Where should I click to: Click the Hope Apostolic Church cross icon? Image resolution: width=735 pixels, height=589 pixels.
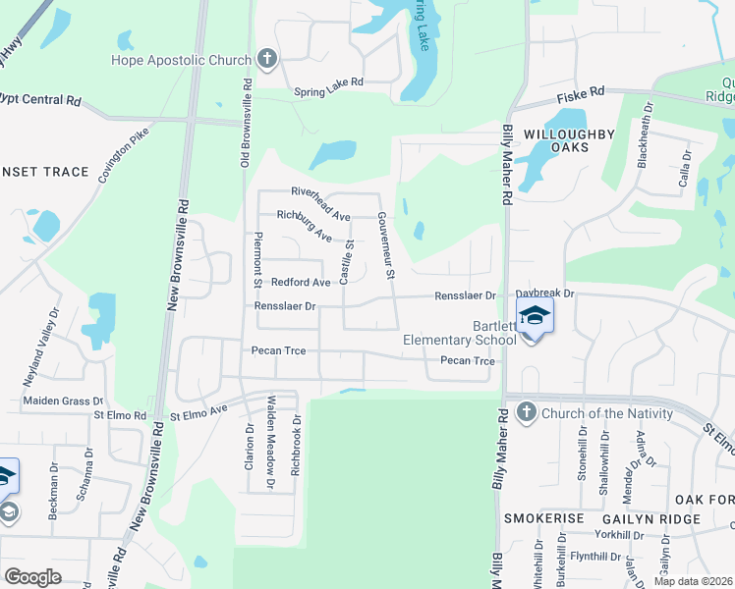pyautogui.click(x=265, y=59)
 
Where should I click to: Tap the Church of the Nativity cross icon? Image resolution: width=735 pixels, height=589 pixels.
pyautogui.click(x=526, y=411)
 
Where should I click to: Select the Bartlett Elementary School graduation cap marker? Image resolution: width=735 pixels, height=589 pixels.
pyautogui.click(x=536, y=316)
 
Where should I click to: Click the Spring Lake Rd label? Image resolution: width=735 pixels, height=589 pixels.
pyautogui.click(x=329, y=93)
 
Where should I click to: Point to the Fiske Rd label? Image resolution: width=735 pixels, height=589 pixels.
pyautogui.click(x=580, y=97)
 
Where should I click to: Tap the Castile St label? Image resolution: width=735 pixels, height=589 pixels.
pyautogui.click(x=346, y=260)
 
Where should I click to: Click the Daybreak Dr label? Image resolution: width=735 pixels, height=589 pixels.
pyautogui.click(x=544, y=294)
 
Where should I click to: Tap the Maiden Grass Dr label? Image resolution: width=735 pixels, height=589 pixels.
pyautogui.click(x=63, y=401)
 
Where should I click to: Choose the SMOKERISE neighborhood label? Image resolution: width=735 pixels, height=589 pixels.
pyautogui.click(x=543, y=517)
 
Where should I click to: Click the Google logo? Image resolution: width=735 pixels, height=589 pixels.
pyautogui.click(x=33, y=576)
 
